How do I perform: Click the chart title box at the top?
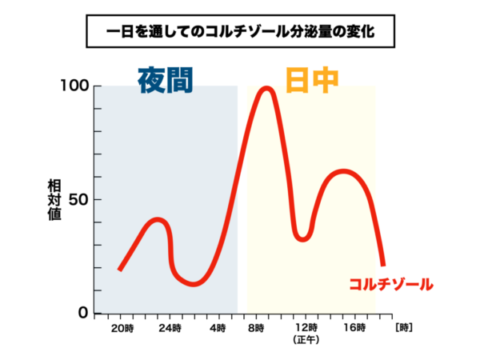[240, 34]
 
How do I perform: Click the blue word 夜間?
[166, 79]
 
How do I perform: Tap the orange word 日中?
[312, 79]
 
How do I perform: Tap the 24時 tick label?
[169, 328]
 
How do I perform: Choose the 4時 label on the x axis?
[218, 328]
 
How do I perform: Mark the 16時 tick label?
[353, 328]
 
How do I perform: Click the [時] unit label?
[404, 327]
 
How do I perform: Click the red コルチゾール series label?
[390, 283]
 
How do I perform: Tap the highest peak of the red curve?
[266, 89]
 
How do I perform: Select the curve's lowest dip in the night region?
[194, 283]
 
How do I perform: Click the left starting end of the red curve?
[119, 270]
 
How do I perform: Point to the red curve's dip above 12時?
[302, 238]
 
